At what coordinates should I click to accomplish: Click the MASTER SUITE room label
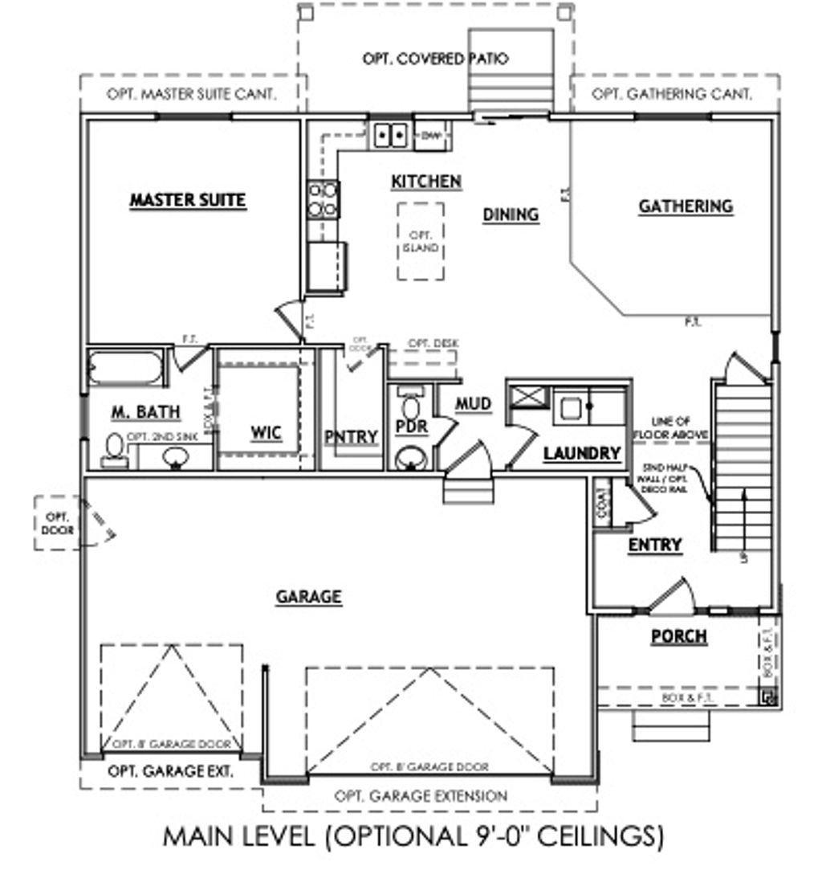[187, 199]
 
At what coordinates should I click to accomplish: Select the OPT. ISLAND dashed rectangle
[421, 241]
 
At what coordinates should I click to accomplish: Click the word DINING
[511, 214]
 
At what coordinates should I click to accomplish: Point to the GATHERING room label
[686, 206]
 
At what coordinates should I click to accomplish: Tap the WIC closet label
[266, 433]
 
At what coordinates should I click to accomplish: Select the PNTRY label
[352, 436]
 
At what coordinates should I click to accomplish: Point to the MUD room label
[473, 404]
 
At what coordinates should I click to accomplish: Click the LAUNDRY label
[582, 454]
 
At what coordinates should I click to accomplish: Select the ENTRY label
[655, 545]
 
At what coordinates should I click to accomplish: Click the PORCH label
[678, 636]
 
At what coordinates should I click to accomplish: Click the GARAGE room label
[309, 597]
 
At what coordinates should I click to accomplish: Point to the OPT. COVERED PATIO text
[435, 59]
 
